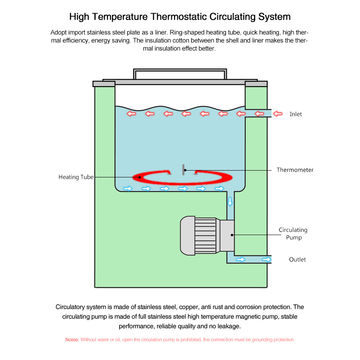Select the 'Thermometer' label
coord(295,170)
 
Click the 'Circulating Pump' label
coord(293,233)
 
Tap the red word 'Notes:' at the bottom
coord(72,340)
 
